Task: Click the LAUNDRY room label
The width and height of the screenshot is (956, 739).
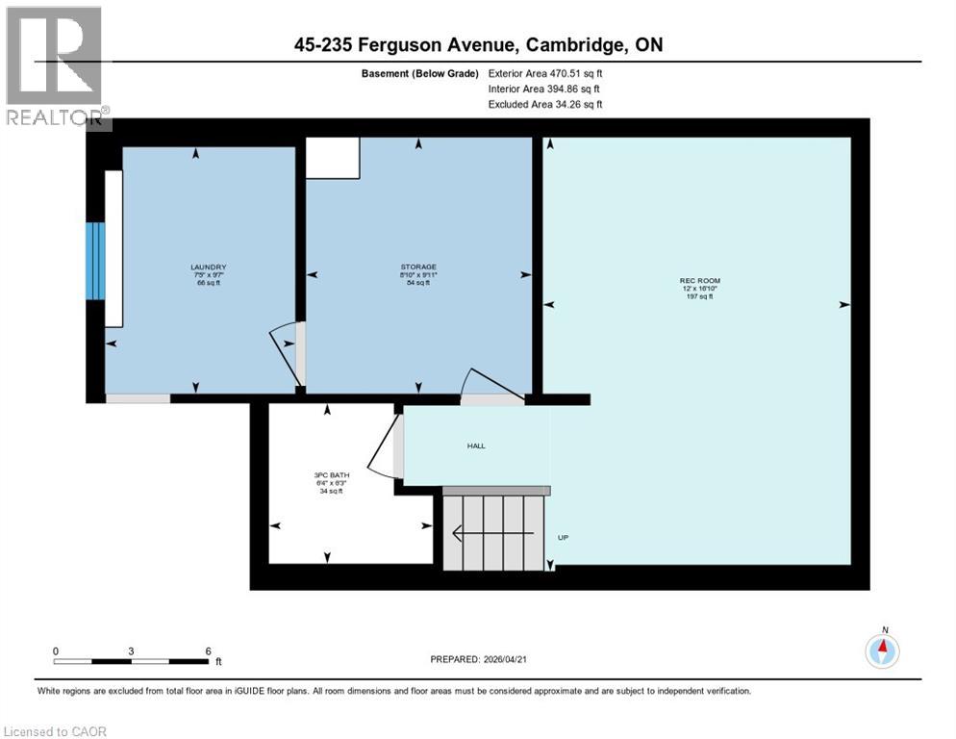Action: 209,267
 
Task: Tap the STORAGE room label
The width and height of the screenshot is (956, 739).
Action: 418,267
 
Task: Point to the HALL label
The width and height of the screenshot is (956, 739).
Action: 476,446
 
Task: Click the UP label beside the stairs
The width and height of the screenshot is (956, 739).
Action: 565,537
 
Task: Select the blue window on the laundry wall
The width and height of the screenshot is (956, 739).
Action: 94,261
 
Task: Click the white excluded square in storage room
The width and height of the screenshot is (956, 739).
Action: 332,158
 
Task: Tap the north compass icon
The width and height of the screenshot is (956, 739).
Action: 882,651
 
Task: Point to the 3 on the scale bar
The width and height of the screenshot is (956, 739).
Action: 131,650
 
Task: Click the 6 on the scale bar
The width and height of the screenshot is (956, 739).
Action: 208,650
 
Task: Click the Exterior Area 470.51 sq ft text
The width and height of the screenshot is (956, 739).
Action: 545,73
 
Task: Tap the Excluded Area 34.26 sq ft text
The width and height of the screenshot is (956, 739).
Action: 545,104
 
